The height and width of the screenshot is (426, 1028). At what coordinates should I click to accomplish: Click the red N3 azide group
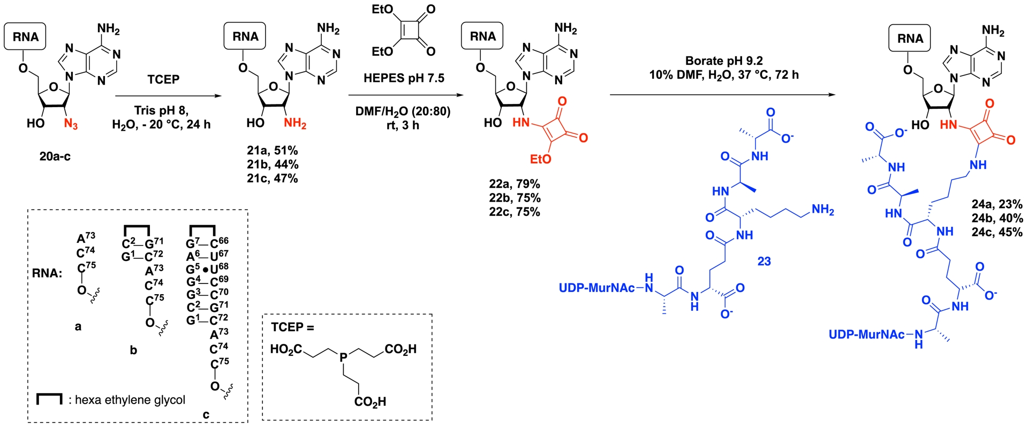[71, 124]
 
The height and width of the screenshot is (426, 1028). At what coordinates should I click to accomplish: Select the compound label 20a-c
[55, 156]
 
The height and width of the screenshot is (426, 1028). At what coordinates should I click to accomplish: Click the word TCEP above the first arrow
[163, 79]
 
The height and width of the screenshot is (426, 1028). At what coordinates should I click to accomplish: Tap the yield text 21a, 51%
[273, 151]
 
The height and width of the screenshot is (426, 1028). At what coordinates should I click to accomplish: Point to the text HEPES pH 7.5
[404, 78]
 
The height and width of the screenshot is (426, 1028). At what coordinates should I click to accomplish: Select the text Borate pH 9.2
[724, 61]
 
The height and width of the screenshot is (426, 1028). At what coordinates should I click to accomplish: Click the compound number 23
[764, 261]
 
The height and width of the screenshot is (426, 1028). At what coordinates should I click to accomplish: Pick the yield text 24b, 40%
[997, 219]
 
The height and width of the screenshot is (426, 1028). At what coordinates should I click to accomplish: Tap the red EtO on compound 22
[540, 159]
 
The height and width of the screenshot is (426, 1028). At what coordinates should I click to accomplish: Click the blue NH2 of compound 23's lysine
[823, 210]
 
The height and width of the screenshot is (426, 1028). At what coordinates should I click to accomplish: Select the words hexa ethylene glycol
[130, 400]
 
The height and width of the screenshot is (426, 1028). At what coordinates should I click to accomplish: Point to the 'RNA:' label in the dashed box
[47, 273]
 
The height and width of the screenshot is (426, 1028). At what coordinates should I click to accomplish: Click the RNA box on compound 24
[910, 38]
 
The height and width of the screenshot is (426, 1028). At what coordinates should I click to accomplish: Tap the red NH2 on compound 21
[295, 124]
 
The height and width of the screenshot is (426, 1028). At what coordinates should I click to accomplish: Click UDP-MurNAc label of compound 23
[596, 288]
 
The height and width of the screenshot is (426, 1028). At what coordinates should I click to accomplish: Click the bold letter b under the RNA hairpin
[133, 350]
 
